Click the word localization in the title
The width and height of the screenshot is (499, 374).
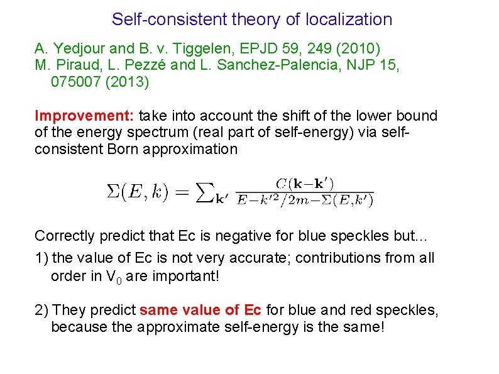pos(349,19)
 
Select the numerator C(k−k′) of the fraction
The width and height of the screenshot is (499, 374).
pos(305,184)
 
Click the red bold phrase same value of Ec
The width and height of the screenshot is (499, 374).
pos(200,311)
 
